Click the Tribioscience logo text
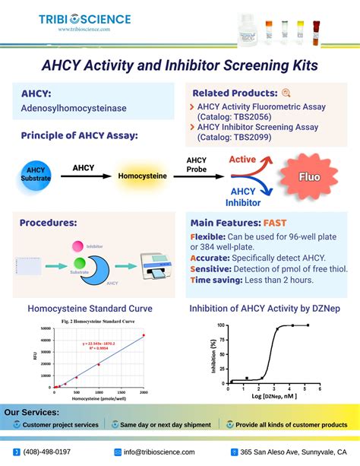(x=84, y=19)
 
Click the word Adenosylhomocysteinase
(x=74, y=109)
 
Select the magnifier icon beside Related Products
(x=286, y=93)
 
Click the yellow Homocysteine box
(x=142, y=176)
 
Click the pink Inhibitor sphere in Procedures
(x=78, y=247)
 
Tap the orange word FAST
(x=276, y=223)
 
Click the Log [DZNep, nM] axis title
(x=271, y=398)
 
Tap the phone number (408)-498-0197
(x=46, y=452)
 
